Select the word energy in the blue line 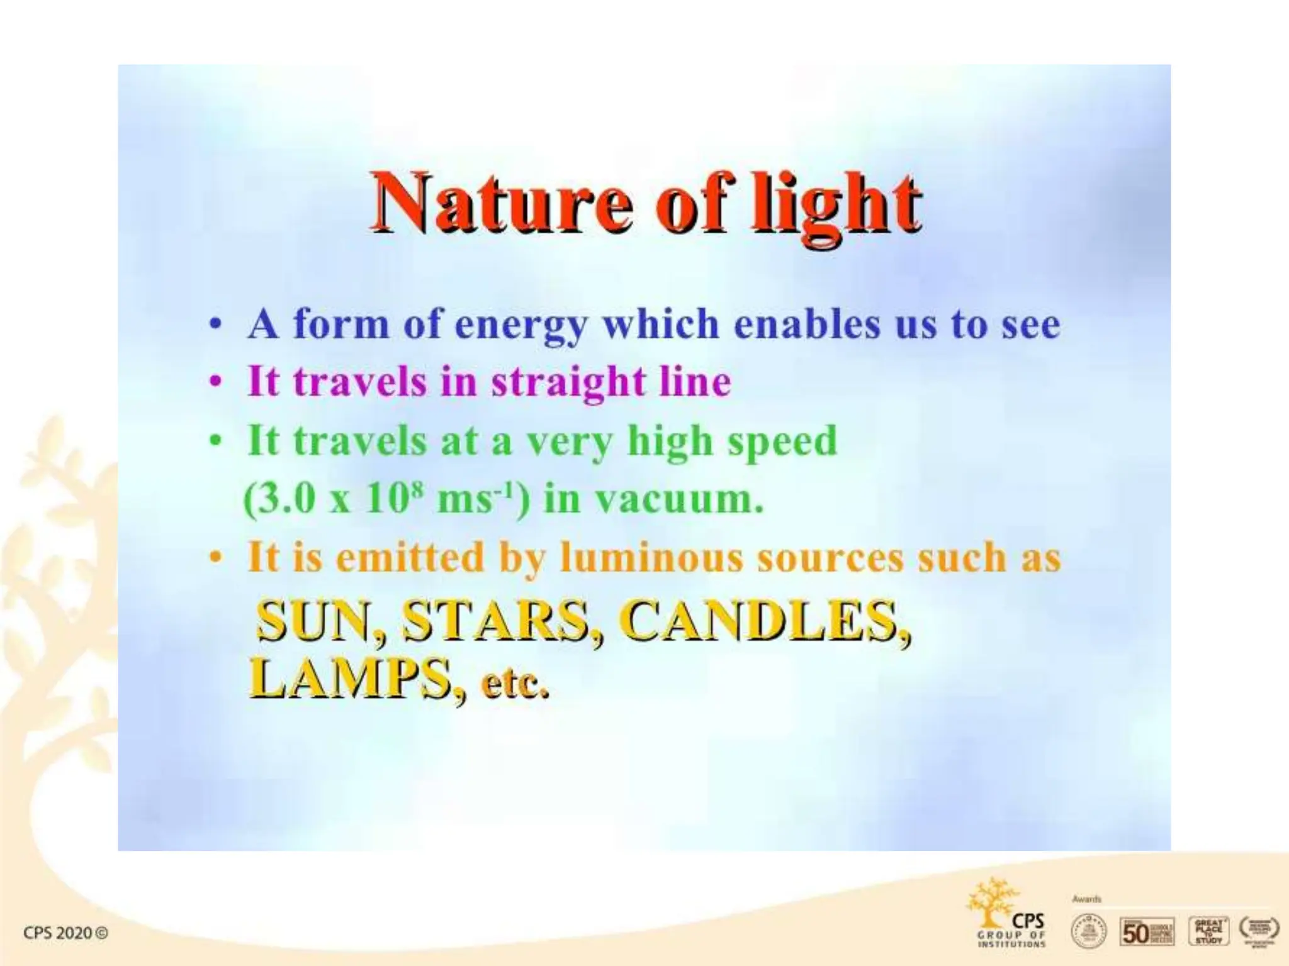tap(521, 325)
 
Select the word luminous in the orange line tap(651, 557)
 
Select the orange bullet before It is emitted tap(216, 558)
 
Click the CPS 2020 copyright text tap(65, 932)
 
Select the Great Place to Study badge tap(1208, 931)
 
